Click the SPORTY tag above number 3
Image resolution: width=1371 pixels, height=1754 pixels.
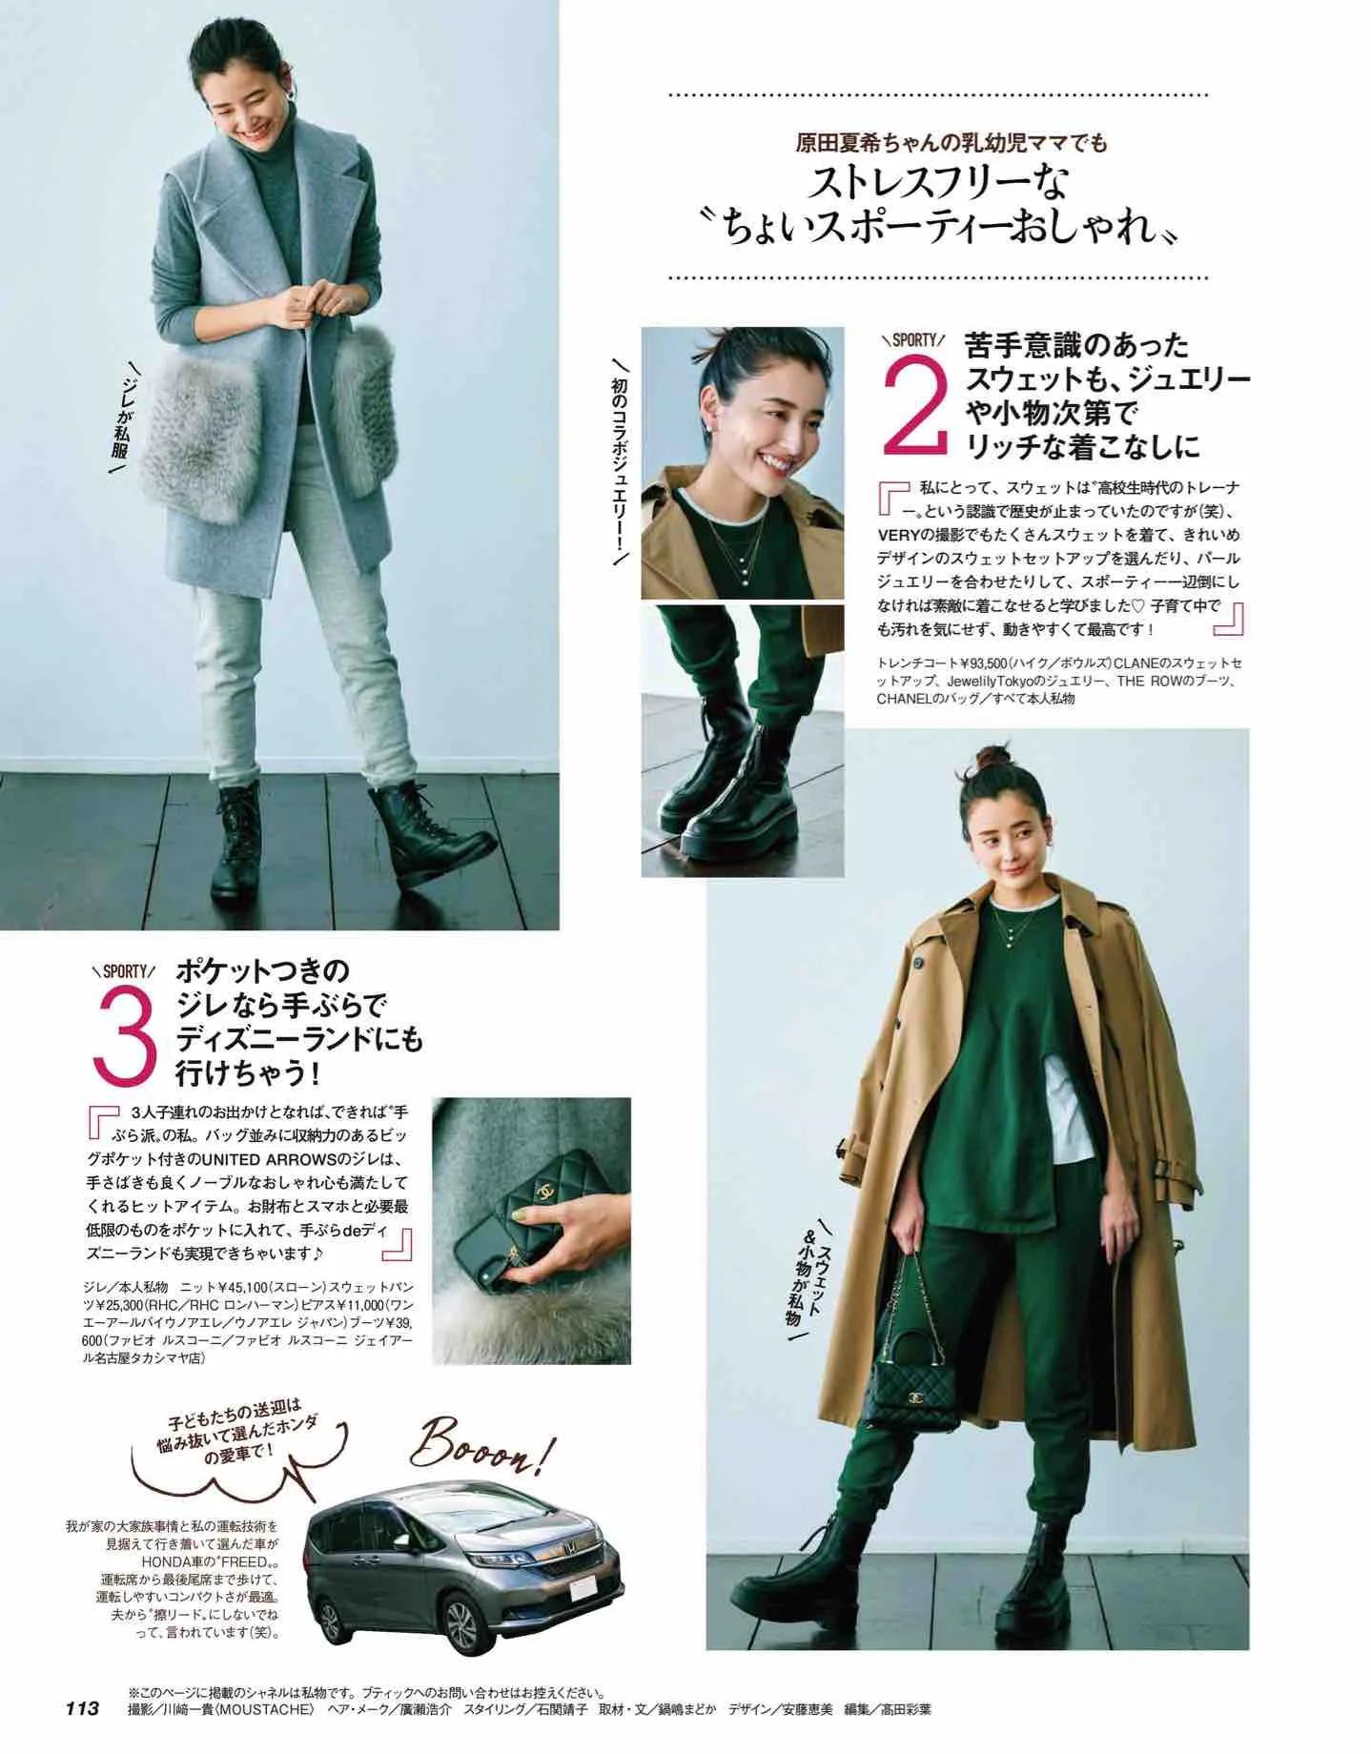point(123,971)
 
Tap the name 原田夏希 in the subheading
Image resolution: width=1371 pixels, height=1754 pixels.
point(837,144)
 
